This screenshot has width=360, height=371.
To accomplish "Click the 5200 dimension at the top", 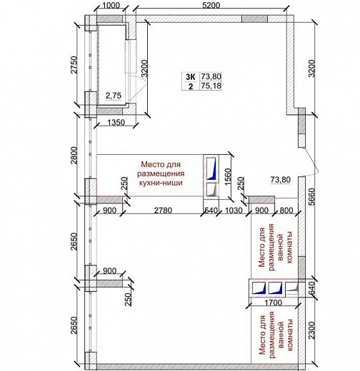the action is point(211,5).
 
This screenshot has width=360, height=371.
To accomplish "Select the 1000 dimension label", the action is point(111,5).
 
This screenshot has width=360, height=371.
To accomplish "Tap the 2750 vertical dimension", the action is point(74,65).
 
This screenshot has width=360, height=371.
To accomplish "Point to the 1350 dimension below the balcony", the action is point(116,123).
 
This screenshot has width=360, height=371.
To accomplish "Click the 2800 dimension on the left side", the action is point(74,156).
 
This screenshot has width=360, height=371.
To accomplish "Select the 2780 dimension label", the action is point(163,210).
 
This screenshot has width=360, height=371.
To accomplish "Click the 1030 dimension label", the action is point(234,210).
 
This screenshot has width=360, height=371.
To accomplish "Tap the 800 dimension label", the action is point(286,210).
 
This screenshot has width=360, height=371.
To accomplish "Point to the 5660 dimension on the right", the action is point(311,197).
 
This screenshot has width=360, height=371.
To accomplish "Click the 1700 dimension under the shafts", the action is point(274,303).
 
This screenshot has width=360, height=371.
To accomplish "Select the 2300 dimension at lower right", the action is point(311,330).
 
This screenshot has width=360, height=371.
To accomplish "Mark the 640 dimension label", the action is point(311,288).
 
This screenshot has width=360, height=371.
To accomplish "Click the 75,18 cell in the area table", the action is point(211,86).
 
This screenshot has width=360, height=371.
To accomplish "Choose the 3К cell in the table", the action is point(191,77).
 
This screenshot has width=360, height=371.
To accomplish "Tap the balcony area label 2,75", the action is point(114,96).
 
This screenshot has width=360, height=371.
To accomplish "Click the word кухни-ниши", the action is point(161,183).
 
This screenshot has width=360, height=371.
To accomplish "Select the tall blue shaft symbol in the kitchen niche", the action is point(211,168).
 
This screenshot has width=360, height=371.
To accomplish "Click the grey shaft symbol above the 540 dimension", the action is point(211,190).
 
